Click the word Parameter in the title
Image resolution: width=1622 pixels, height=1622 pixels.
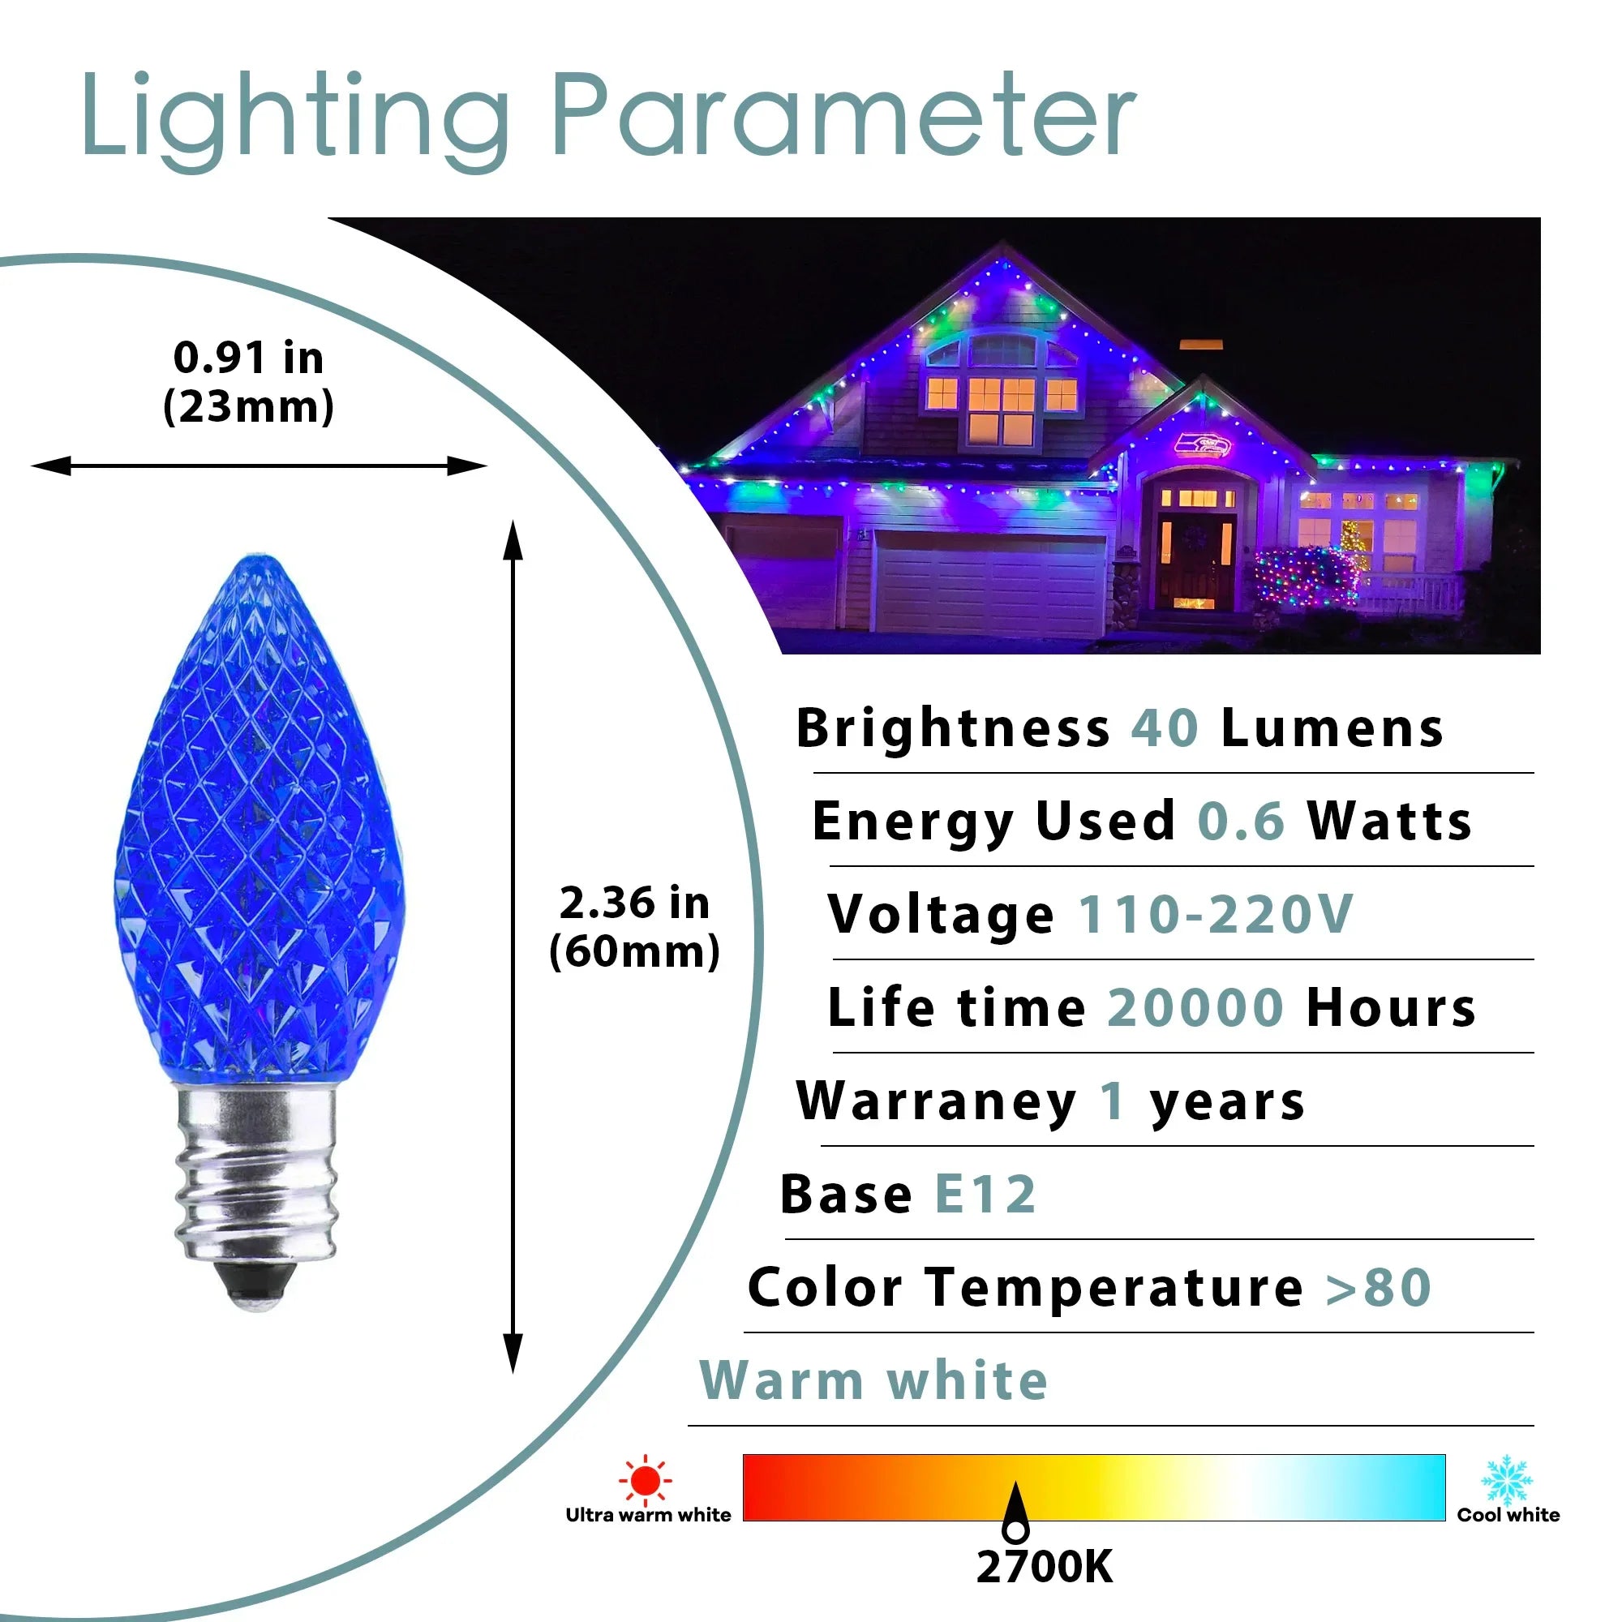tap(843, 115)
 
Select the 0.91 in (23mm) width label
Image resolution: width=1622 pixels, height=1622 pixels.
tap(248, 382)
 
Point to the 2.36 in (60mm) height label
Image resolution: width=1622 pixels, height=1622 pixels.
tap(635, 927)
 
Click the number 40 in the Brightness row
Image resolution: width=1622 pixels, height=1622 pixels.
tap(1165, 728)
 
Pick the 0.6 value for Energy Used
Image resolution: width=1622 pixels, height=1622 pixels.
tap(1241, 821)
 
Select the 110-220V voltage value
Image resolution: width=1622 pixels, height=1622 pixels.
tap(1216, 914)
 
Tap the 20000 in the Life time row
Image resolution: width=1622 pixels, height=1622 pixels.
tap(1195, 1007)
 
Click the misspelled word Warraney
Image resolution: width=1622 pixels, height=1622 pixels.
tap(936, 1101)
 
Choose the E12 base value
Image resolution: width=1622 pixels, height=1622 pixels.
tap(985, 1195)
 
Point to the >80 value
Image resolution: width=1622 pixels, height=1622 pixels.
tap(1379, 1288)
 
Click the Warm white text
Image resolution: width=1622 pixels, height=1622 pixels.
tap(874, 1380)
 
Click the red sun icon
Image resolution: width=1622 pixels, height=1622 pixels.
tap(645, 1480)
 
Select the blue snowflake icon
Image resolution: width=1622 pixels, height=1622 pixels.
tap(1507, 1481)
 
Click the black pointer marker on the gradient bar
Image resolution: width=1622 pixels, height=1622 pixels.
tap(1016, 1513)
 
